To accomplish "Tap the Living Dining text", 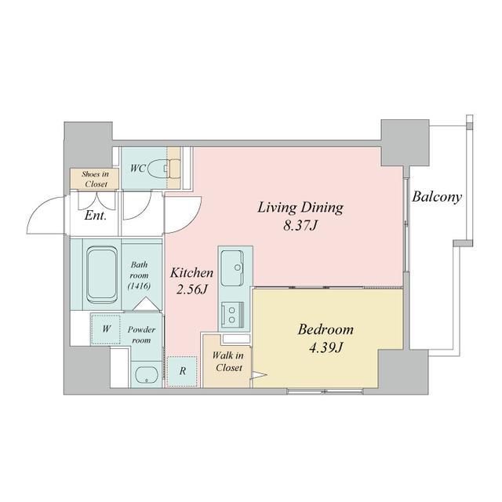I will tap(300, 208).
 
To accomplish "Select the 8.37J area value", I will tap(300, 227).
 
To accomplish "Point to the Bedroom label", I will tap(326, 329).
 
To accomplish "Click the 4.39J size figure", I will tap(326, 348).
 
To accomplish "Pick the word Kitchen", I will tap(192, 273).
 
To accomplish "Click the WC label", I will tap(137, 167).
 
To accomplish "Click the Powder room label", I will tap(141, 336).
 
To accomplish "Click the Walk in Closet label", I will tap(227, 362).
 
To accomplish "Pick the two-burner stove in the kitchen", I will tap(235, 314).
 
